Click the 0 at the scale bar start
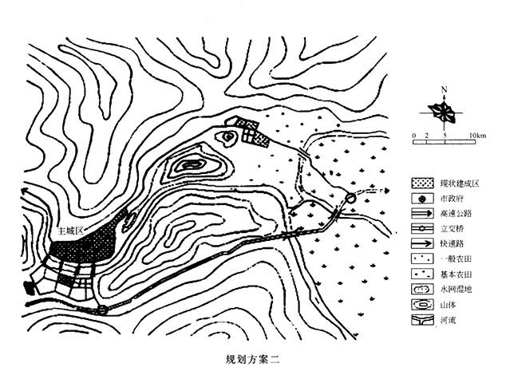(413, 137)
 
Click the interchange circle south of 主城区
(102, 310)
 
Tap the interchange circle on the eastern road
(350, 198)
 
